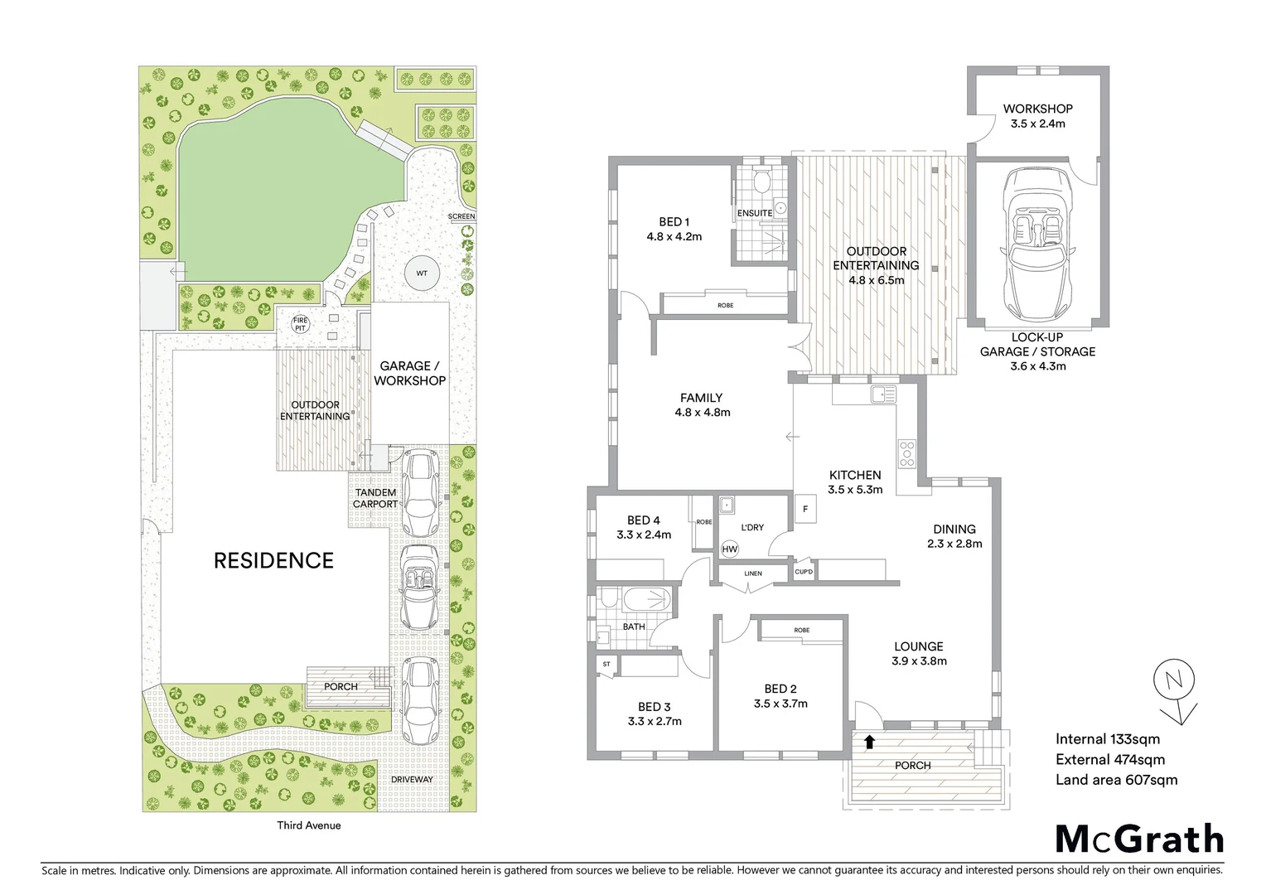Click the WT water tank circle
point(422,273)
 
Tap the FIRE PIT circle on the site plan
point(298,324)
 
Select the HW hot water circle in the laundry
point(730,549)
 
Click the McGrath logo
point(1138,839)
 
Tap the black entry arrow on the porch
point(869,742)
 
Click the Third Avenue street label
point(308,825)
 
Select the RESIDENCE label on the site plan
point(273,561)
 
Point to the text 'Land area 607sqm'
point(1116,780)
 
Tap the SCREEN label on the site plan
point(461,216)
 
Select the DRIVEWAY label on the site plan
point(413,780)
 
